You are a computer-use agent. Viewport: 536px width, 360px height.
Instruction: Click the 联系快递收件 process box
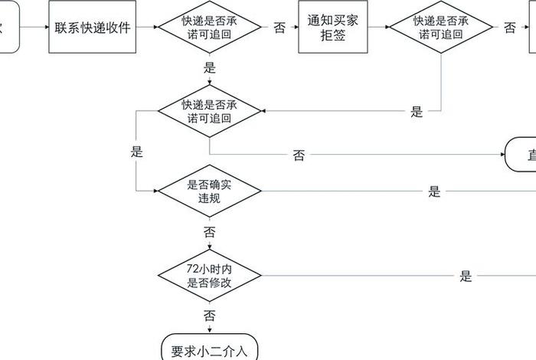[x=93, y=28]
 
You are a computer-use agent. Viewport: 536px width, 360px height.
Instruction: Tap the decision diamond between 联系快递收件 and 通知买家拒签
[x=210, y=28]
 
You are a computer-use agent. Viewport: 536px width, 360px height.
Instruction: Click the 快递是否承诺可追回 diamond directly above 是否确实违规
[x=210, y=111]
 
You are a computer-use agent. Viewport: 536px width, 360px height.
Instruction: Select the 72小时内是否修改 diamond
[x=210, y=275]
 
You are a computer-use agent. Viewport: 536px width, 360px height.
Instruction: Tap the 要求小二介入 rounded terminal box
[x=210, y=350]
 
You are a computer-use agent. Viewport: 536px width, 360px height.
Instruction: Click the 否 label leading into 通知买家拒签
[x=279, y=28]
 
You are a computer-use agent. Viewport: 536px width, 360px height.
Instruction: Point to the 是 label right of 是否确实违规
[x=434, y=191]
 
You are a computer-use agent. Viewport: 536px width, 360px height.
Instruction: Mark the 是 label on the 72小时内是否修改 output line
[x=466, y=277]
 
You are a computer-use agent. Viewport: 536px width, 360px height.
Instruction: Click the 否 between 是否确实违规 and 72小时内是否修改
[x=209, y=231]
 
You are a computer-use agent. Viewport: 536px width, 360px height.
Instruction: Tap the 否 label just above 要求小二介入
[x=209, y=315]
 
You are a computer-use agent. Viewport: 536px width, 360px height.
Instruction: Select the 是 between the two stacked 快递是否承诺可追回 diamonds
[x=210, y=67]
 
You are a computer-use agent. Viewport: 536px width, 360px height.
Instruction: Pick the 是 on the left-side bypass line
[x=136, y=152]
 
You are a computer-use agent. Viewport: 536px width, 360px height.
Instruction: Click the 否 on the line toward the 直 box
[x=299, y=155]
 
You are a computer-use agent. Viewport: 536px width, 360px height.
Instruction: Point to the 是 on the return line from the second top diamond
[x=417, y=112]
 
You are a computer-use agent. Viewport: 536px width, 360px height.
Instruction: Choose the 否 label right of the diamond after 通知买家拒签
[x=509, y=28]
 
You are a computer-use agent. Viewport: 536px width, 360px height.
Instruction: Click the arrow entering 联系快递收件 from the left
[x=34, y=28]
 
